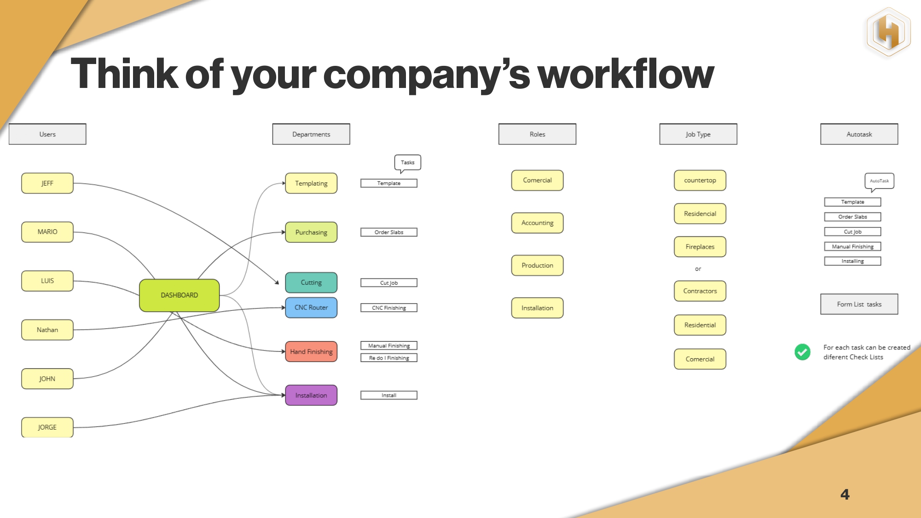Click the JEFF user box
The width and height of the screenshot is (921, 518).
click(47, 183)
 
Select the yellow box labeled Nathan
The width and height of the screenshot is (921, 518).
click(47, 330)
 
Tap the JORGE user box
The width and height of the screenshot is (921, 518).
click(47, 427)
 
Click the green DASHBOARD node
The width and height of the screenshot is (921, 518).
click(180, 295)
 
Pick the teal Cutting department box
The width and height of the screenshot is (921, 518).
click(311, 283)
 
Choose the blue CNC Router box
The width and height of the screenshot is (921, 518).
click(311, 308)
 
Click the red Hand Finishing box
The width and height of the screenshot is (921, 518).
click(311, 352)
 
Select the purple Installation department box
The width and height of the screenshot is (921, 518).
click(311, 396)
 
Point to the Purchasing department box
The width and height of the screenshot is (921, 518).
click(311, 233)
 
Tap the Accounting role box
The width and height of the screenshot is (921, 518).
click(537, 223)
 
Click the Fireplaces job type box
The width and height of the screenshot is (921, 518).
click(700, 247)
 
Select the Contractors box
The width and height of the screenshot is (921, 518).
click(700, 291)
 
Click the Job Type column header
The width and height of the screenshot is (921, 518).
click(698, 134)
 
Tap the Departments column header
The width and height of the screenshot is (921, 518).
click(311, 134)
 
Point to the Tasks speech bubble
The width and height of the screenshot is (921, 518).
click(407, 163)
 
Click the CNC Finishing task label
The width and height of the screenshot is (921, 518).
click(389, 308)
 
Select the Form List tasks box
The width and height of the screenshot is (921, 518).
click(859, 304)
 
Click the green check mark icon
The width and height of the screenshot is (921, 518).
click(802, 352)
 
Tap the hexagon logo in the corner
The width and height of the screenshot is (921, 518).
click(888, 32)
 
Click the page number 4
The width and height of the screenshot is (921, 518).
click(845, 495)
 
